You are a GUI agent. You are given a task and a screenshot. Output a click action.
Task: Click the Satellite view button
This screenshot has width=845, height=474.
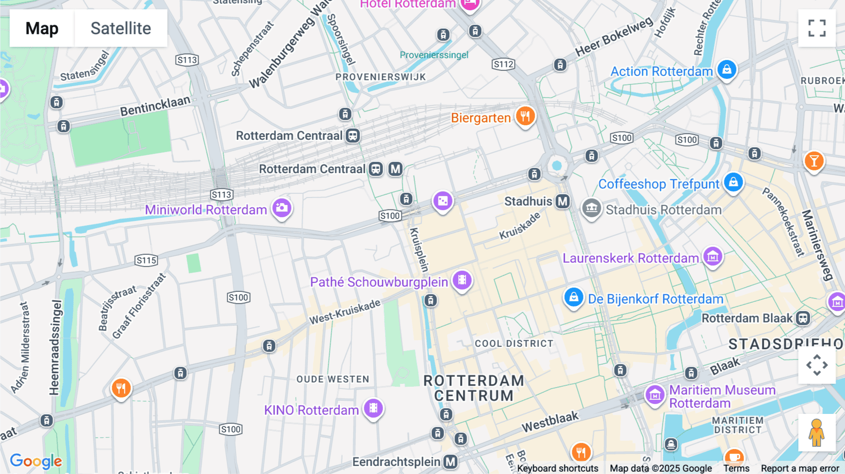121,28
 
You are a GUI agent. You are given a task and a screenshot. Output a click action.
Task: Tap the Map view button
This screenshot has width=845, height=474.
42,28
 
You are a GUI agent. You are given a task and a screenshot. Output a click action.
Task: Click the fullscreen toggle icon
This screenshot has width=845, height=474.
817,28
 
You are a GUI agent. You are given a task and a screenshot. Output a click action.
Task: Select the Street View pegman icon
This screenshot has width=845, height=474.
817,432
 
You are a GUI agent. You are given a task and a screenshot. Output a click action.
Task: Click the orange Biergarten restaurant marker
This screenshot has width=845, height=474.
525,116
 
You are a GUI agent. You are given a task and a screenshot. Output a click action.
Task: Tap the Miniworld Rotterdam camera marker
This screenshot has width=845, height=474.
282,208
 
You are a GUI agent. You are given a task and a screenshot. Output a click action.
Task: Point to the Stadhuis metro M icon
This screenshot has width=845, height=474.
562,201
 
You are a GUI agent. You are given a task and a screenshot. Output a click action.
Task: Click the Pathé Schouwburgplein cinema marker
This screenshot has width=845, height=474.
462,280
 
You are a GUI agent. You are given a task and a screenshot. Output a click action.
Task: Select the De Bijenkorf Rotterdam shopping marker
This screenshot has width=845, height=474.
573,298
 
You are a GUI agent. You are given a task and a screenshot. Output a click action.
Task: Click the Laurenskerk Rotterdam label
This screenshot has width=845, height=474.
630,258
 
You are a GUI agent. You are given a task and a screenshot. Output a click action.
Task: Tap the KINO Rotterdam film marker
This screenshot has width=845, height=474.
373,408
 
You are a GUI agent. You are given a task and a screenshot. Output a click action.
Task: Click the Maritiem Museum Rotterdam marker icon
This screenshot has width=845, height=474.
655,395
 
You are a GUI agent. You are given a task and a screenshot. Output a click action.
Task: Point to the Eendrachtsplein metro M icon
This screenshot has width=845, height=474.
451,462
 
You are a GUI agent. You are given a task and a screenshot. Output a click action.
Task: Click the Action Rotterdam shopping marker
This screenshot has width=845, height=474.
727,70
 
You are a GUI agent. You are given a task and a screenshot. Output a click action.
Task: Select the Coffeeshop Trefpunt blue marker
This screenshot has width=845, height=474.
733,183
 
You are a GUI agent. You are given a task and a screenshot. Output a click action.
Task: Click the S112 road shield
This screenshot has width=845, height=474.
503,64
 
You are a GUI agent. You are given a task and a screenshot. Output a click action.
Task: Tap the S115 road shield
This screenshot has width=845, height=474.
146,260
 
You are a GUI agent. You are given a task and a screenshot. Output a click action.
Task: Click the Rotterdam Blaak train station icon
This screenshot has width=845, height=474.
803,318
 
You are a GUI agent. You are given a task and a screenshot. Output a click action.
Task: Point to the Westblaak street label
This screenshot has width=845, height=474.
550,421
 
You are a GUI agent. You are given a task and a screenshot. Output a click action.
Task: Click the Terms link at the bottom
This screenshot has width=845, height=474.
736,468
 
